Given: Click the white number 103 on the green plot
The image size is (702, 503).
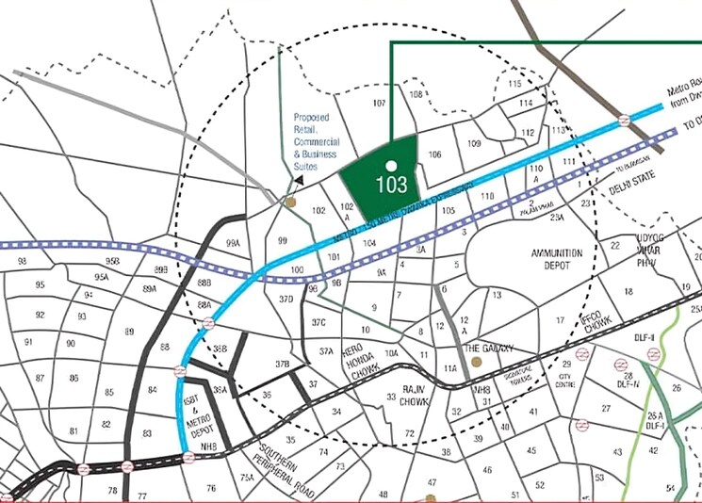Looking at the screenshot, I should pyautogui.click(x=391, y=185).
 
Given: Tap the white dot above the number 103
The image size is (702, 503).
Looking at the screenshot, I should pyautogui.click(x=391, y=166).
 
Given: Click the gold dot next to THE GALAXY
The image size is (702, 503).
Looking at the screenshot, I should pyautogui.click(x=477, y=361).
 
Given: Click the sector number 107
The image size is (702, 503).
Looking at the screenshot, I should pyautogui.click(x=380, y=103).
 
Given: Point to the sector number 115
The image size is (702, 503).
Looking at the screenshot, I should pyautogui.click(x=514, y=85).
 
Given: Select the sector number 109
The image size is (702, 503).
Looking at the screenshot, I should pyautogui.click(x=474, y=143).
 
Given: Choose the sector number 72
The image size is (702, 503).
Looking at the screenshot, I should pyautogui.click(x=410, y=433).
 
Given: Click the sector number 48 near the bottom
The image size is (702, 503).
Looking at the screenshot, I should pyautogui.click(x=383, y=494).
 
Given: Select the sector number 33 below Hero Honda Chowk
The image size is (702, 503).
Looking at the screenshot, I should pyautogui.click(x=391, y=398).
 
